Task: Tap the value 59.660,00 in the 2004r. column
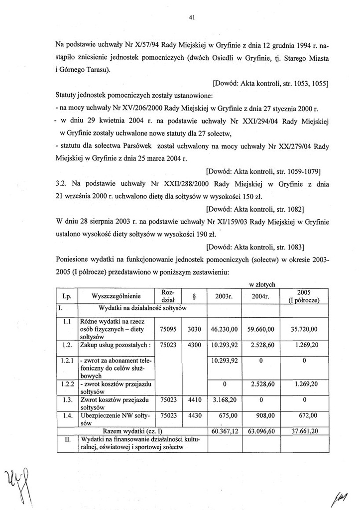pyautogui.click(x=261, y=329)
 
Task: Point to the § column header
pyautogui.click(x=193, y=296)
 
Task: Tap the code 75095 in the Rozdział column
pyautogui.click(x=169, y=329)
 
